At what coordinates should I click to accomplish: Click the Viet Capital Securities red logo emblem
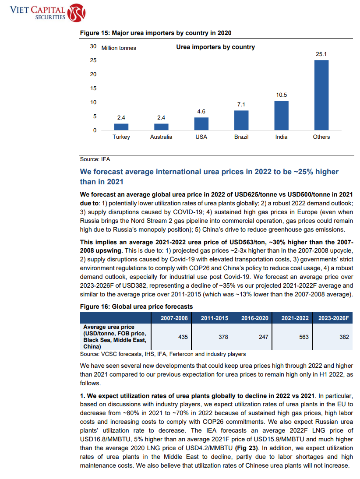click(x=76, y=13)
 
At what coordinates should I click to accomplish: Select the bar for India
click(x=281, y=116)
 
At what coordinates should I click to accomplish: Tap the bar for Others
click(x=321, y=95)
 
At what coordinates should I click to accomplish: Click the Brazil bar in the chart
click(x=241, y=120)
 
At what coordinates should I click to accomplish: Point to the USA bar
click(x=201, y=124)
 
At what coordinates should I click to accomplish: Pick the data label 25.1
click(x=321, y=54)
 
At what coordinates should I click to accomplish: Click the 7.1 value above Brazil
click(x=241, y=105)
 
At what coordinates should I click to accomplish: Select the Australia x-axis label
click(x=161, y=137)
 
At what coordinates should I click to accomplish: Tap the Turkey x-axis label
click(x=121, y=137)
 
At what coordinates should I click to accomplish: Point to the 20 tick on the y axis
click(x=93, y=74)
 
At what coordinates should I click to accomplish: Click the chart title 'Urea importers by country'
click(x=215, y=47)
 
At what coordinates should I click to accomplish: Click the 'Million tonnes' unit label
click(x=119, y=48)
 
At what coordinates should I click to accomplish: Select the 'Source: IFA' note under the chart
click(x=95, y=159)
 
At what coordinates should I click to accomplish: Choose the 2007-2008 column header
click(x=174, y=318)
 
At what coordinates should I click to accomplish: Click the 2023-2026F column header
click(x=333, y=318)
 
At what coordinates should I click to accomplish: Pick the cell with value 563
click(x=304, y=337)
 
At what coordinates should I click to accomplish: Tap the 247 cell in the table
click(x=263, y=337)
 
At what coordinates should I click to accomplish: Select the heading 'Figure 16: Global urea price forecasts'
click(x=136, y=306)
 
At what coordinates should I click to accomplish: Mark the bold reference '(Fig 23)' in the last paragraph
click(x=247, y=448)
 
